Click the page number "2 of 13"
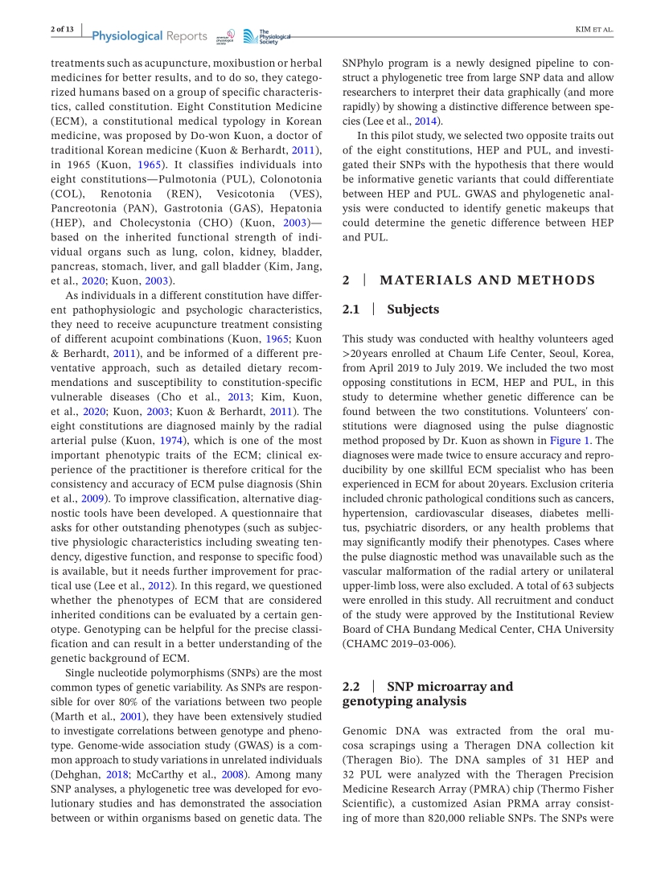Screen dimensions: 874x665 click(62, 30)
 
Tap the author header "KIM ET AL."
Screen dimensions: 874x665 click(594, 30)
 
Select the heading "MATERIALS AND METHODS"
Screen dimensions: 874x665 click(487, 281)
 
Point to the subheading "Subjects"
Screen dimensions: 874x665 click(413, 309)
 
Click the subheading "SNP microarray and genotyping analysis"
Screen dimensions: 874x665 click(427, 694)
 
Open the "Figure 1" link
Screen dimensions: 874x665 click(569, 441)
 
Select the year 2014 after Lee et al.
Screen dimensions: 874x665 click(425, 121)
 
